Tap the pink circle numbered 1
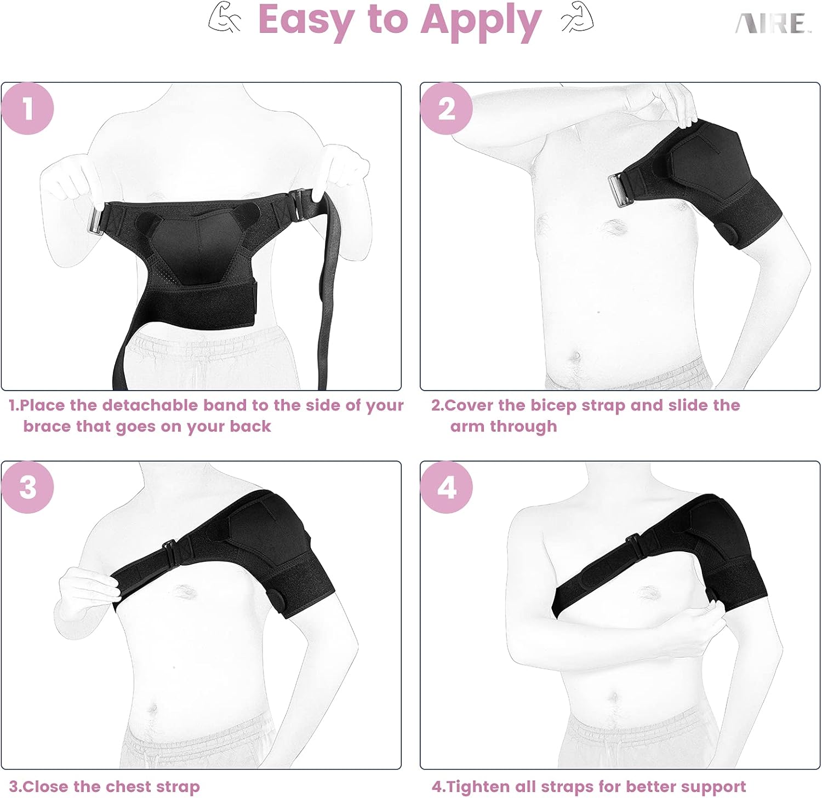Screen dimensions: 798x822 pyautogui.click(x=27, y=108)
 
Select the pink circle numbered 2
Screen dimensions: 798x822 pyautogui.click(x=446, y=108)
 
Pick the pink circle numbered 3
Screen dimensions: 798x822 pyautogui.click(x=27, y=487)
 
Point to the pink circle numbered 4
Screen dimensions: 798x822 pyautogui.click(x=446, y=487)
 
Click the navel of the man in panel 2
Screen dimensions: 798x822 pyautogui.click(x=575, y=357)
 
